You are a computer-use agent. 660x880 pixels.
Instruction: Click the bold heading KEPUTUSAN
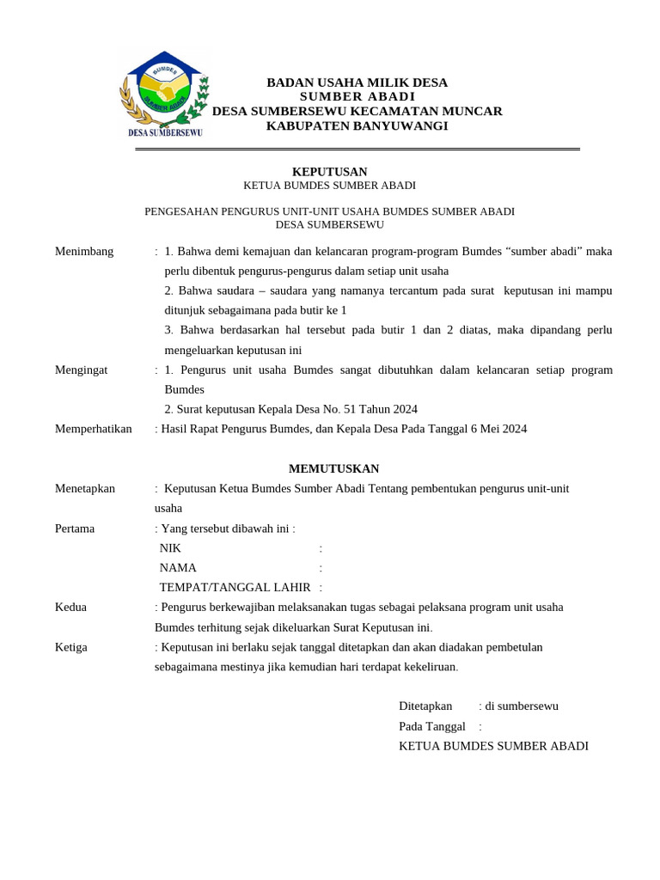pyautogui.click(x=329, y=172)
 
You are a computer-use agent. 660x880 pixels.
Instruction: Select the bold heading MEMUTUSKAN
pyautogui.click(x=333, y=468)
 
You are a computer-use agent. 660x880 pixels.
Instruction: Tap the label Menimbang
pyautogui.click(x=84, y=251)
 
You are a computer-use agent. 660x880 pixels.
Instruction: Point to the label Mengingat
pyautogui.click(x=82, y=370)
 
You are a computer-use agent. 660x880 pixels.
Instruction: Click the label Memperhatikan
pyautogui.click(x=94, y=429)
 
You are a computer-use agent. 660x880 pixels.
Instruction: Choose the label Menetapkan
pyautogui.click(x=85, y=488)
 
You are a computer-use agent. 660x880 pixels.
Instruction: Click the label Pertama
pyautogui.click(x=75, y=528)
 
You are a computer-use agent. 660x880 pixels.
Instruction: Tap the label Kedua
pyautogui.click(x=70, y=607)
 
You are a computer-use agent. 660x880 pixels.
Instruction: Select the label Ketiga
pyautogui.click(x=71, y=646)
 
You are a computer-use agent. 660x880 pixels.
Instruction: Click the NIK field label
pyautogui.click(x=170, y=547)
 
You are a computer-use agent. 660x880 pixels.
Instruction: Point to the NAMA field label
pyautogui.click(x=178, y=567)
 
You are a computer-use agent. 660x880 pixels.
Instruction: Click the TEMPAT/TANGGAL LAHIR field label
pyautogui.click(x=235, y=587)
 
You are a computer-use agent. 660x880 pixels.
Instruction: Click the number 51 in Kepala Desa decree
pyautogui.click(x=350, y=409)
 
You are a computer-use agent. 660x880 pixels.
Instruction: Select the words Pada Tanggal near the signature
pyautogui.click(x=432, y=726)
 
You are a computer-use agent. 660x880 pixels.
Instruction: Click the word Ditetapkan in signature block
pyautogui.click(x=425, y=706)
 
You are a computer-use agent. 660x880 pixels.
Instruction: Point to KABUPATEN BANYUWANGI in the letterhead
pyautogui.click(x=357, y=125)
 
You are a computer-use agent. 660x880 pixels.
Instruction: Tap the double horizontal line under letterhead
pyautogui.click(x=357, y=150)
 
